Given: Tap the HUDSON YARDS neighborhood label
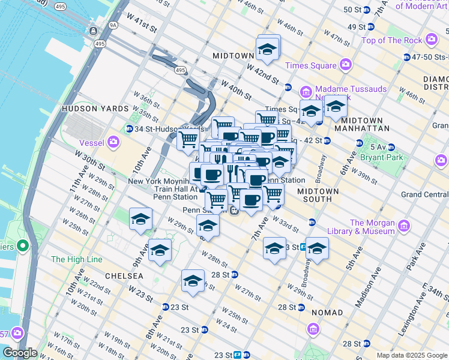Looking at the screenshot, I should (95, 109).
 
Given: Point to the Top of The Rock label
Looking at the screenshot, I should (391, 40).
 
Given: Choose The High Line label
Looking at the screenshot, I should (77, 259).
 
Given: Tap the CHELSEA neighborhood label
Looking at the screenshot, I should (124, 275).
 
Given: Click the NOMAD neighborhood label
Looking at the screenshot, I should (327, 313).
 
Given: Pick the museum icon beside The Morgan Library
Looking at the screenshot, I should (404, 226).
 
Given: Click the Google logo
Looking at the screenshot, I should (20, 353).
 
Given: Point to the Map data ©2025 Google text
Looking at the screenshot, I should (411, 355).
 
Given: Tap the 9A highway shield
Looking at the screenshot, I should (113, 26).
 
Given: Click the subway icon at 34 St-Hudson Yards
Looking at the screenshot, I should (129, 129).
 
